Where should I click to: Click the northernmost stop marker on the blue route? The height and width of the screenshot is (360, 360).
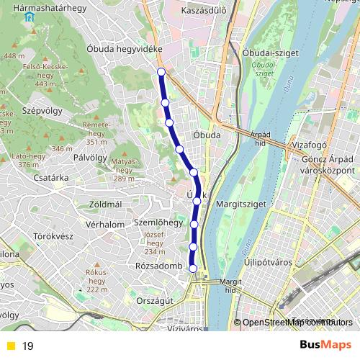pyautogui.click(x=161, y=72)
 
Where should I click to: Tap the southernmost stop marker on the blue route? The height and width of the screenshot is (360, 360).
pyautogui.click(x=193, y=268)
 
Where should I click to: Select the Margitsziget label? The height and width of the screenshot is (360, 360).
pyautogui.click(x=241, y=204)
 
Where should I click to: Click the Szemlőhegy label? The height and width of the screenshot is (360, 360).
pyautogui.click(x=158, y=223)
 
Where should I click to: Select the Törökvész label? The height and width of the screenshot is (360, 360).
pyautogui.click(x=54, y=235)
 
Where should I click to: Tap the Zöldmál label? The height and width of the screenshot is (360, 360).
pyautogui.click(x=105, y=204)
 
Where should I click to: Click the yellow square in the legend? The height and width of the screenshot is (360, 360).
pyautogui.click(x=10, y=346)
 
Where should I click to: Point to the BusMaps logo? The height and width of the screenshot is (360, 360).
pyautogui.click(x=326, y=346)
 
